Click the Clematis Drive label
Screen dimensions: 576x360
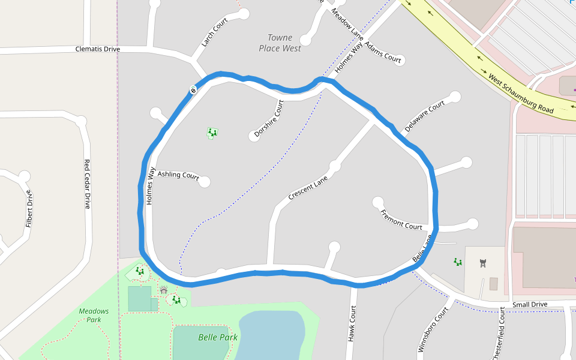click(98, 49)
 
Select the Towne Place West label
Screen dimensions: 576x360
click(280, 43)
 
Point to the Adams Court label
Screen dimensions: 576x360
click(383, 53)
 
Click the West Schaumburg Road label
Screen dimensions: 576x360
click(520, 94)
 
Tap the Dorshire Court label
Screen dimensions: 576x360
click(268, 119)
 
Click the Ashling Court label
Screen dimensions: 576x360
click(178, 175)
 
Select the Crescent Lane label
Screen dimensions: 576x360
click(308, 188)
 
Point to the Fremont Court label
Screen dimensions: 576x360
click(401, 220)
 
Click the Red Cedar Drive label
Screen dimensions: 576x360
click(87, 184)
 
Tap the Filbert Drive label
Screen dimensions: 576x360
click(28, 209)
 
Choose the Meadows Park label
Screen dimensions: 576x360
click(94, 315)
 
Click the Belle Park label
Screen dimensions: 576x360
click(218, 337)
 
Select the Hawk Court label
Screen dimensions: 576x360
click(352, 324)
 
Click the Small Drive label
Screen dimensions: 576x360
click(530, 305)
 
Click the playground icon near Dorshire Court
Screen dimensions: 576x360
click(212, 133)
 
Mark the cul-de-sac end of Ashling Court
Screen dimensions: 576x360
click(205, 181)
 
